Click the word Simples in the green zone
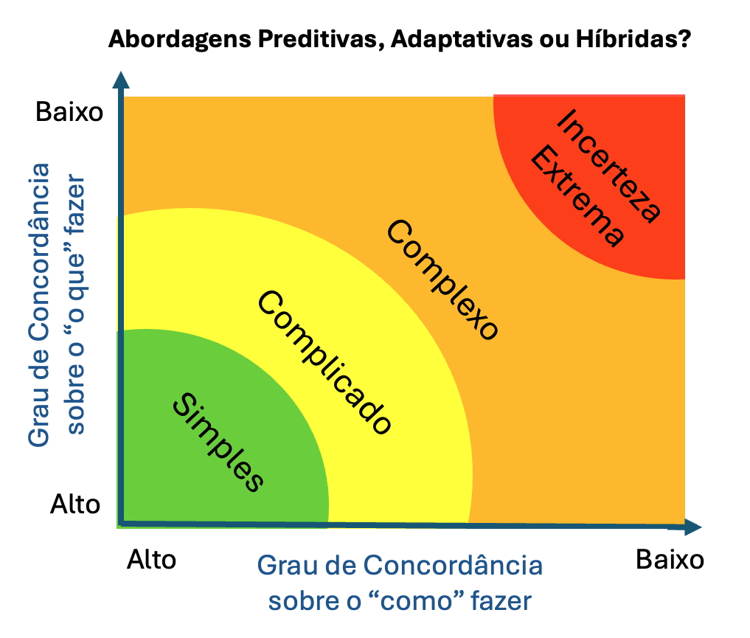218,443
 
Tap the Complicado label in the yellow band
323,362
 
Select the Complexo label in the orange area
442,280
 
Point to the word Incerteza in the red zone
609,165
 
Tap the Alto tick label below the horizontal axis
152,560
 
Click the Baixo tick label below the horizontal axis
670,560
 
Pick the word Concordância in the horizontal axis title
453,566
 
